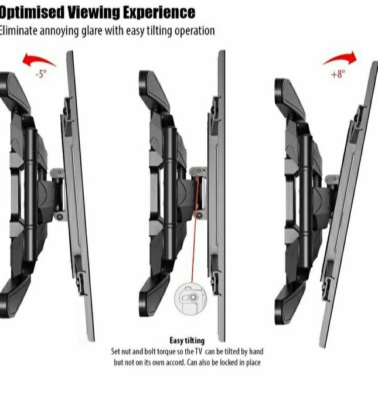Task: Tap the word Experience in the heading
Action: tap(159, 13)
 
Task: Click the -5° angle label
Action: tap(41, 74)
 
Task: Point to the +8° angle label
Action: tap(338, 74)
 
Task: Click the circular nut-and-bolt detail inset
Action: tap(190, 299)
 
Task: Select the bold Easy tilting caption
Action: tap(187, 340)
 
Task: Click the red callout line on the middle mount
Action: tap(195, 227)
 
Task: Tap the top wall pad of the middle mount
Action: tap(154, 90)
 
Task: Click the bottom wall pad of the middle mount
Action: tap(154, 295)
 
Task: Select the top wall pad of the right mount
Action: tap(290, 98)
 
